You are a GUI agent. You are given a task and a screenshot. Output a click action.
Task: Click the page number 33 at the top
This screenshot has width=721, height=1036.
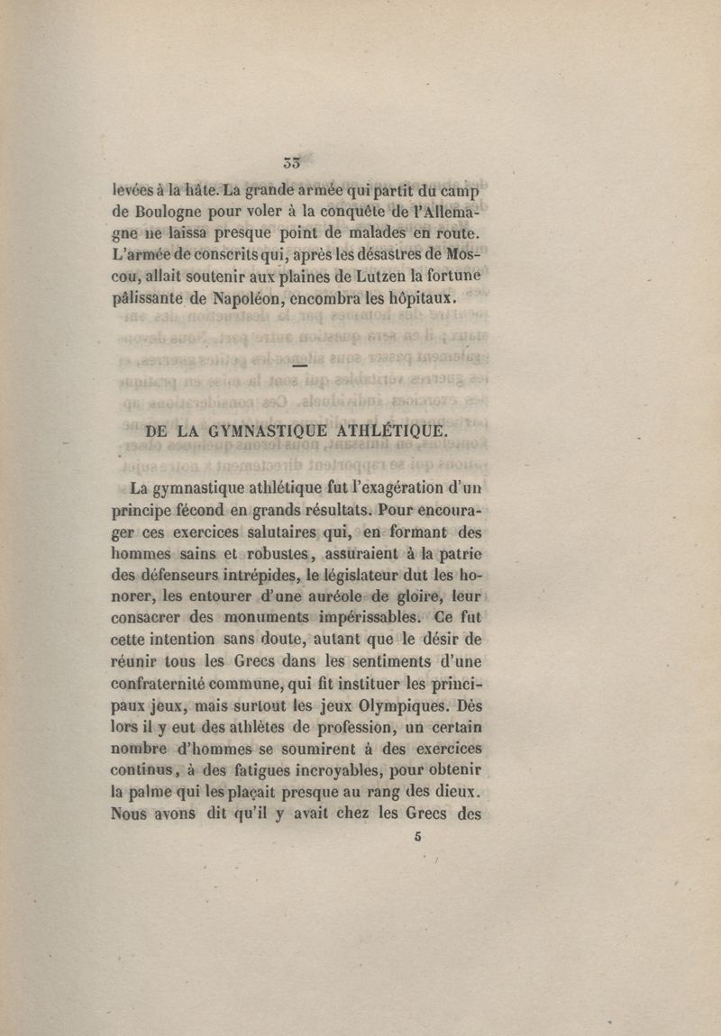290,163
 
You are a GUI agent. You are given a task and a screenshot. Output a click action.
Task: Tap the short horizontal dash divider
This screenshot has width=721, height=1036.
299,366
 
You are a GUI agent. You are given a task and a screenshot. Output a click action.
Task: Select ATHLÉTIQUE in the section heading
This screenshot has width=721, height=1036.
391,431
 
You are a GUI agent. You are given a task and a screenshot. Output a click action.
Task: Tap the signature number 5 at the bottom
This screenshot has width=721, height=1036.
418,835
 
